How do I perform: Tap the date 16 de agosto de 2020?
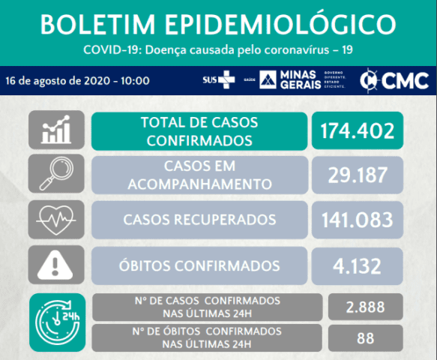tap(58, 81)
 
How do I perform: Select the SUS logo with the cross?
tap(219, 79)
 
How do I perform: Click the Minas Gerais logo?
tap(303, 79)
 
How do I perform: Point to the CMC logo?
tap(394, 80)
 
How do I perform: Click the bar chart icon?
tap(56, 130)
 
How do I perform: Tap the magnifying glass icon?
tap(56, 173)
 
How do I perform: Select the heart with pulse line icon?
tap(56, 220)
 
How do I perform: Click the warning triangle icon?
tap(55, 265)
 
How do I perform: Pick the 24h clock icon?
tap(58, 322)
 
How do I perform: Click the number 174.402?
tap(358, 130)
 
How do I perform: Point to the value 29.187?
tap(358, 175)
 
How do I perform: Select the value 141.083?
tap(358, 220)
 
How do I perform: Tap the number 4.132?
tap(357, 265)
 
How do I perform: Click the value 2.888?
tap(365, 307)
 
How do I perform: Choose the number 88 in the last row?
tap(365, 338)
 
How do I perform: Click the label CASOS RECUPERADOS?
tap(199, 220)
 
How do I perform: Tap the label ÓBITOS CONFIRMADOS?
tap(199, 265)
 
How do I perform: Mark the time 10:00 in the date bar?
tap(135, 81)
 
